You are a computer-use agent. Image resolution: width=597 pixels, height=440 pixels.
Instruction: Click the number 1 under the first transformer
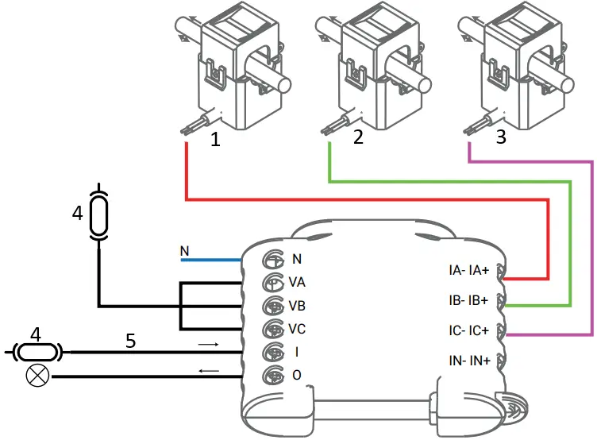point(215,140)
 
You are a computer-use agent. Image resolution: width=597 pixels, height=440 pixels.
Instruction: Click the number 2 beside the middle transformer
point(358,137)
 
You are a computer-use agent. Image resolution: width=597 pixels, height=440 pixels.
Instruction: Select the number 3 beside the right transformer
point(500,137)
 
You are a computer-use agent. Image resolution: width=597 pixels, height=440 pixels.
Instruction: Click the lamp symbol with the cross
point(34,376)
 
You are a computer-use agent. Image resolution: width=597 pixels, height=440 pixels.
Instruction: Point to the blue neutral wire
point(210,260)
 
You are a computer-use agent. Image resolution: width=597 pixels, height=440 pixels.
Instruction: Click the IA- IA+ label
point(468,271)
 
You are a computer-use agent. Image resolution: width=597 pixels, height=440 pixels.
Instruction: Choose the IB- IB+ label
point(468,300)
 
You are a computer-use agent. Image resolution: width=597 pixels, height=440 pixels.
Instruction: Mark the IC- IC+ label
point(468,329)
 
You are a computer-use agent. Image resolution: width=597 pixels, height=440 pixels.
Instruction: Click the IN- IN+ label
point(468,361)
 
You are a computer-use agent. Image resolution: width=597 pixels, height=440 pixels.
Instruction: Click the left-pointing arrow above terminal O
point(208,370)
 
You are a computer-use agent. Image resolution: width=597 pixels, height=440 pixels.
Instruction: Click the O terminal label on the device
point(296,375)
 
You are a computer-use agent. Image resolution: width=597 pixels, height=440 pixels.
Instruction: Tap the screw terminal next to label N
point(272,259)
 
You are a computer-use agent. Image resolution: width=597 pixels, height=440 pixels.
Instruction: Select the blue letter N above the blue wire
point(185,253)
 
